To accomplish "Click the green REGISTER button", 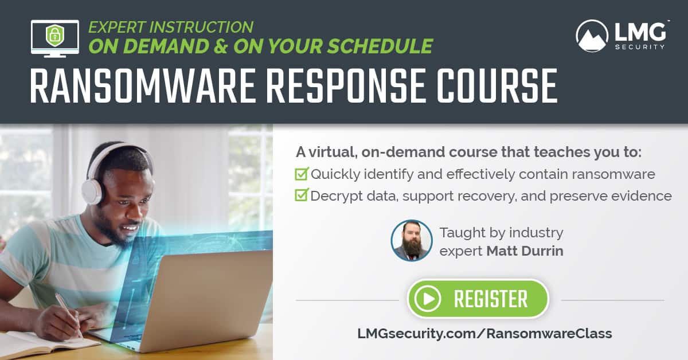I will [478, 299].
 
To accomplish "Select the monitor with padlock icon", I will [54, 38].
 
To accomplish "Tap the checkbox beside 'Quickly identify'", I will [301, 174].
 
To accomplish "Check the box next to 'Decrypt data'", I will [301, 195].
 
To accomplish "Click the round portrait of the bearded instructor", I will [411, 241].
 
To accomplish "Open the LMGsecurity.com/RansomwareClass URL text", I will [484, 333].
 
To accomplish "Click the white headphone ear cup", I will [92, 190].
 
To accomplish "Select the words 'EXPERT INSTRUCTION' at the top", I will [170, 27].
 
